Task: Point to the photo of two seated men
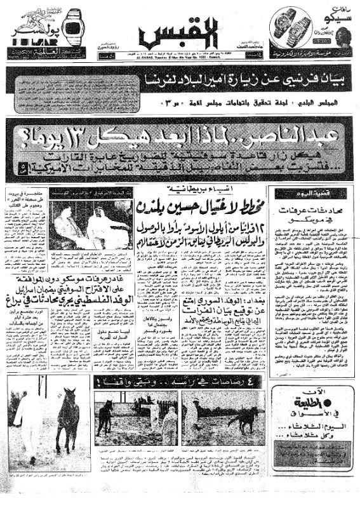(88, 225)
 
